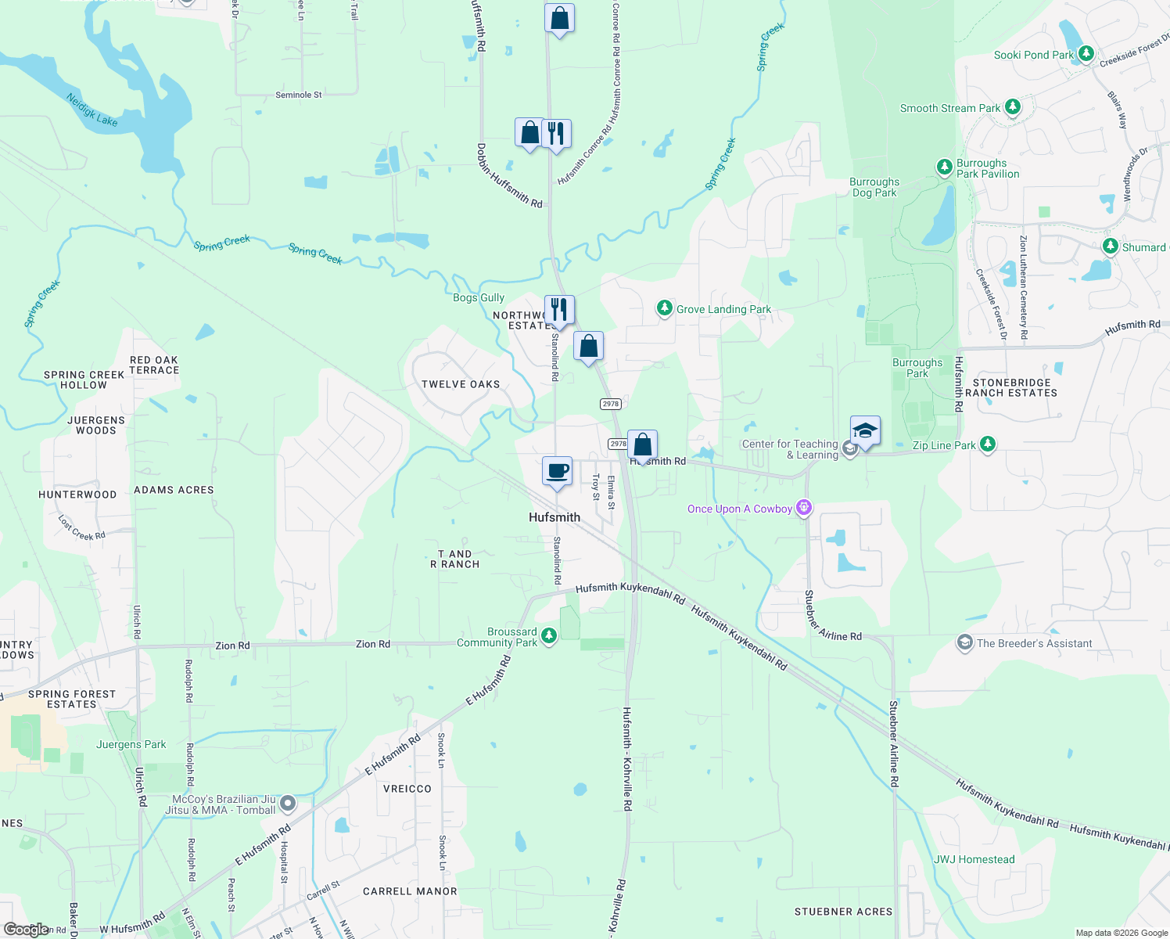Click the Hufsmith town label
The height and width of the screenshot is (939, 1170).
554,517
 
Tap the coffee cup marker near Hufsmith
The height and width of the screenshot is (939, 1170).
557,472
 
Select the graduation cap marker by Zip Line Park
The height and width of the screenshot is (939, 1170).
864,430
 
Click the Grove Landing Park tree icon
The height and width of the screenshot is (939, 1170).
664,308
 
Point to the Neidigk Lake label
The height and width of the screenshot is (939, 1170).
92,110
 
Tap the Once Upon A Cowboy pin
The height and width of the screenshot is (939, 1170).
804,508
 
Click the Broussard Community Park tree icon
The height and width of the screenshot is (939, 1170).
549,635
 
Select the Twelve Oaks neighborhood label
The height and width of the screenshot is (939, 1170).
460,384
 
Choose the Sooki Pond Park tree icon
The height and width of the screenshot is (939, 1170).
1086,54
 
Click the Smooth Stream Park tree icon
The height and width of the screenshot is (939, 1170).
1013,107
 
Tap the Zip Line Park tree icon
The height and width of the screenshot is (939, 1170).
987,444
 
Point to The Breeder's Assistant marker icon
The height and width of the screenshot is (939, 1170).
965,643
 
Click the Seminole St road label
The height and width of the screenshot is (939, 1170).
298,95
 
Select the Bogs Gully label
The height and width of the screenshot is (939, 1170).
479,297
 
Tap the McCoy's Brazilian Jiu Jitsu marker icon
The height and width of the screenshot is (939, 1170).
288,804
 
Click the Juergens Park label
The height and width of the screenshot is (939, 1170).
131,744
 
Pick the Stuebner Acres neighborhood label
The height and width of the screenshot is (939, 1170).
843,912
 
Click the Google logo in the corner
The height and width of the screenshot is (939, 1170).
26,930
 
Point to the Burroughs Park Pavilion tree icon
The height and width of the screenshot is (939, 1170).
945,167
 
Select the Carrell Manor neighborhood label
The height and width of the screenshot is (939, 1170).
410,891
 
